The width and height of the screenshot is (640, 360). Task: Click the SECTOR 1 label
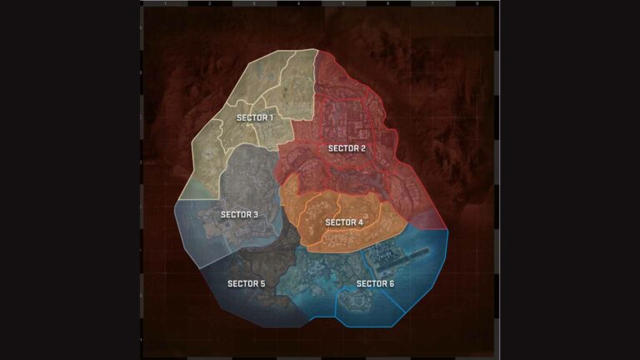[255, 117]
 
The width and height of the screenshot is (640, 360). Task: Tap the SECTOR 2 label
[347, 148]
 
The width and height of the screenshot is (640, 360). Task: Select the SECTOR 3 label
[239, 215]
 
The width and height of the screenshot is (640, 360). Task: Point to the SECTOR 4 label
[344, 222]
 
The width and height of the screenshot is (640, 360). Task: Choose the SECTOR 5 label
[246, 283]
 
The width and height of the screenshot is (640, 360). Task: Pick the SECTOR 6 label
[375, 283]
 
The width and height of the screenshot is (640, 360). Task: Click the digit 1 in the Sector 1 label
[271, 117]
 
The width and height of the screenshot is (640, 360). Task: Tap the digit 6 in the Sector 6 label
[392, 283]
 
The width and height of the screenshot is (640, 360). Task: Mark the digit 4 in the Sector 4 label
[360, 222]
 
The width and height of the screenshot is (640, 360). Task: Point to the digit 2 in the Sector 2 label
[362, 148]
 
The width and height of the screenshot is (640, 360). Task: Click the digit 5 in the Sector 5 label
[262, 283]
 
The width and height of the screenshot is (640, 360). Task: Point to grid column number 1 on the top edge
[165, 4]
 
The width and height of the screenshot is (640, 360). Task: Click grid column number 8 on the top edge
[476, 4]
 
